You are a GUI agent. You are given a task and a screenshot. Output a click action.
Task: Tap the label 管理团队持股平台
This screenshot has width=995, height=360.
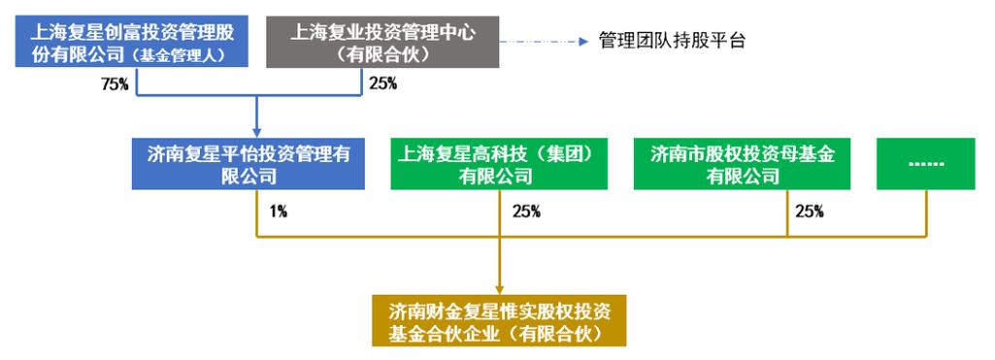click(x=672, y=41)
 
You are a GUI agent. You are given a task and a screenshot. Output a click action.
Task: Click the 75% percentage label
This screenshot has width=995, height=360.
click(x=116, y=83)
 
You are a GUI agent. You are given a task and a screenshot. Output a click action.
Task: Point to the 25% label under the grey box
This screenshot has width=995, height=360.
click(x=382, y=83)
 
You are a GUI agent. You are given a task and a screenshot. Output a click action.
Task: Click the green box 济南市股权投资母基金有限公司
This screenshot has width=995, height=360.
click(x=744, y=164)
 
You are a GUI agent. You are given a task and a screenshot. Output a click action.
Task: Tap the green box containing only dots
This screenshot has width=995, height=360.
click(x=925, y=164)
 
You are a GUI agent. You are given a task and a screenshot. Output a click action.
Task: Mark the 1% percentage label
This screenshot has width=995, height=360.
click(x=280, y=211)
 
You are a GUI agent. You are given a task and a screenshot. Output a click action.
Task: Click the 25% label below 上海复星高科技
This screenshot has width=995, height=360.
click(x=526, y=211)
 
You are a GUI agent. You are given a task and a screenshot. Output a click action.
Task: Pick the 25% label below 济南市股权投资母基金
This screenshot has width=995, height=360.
click(x=810, y=211)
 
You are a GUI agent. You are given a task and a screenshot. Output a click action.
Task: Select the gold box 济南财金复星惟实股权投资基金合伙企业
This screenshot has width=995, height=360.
click(x=499, y=322)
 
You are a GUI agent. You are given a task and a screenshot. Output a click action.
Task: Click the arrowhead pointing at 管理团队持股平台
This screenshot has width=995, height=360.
click(x=584, y=42)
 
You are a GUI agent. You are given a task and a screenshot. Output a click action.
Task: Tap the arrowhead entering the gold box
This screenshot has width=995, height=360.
click(x=499, y=290)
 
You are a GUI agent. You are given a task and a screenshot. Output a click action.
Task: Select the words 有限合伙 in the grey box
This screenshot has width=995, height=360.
click(x=382, y=55)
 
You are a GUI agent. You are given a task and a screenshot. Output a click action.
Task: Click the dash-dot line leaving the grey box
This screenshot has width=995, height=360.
click(x=539, y=42)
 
